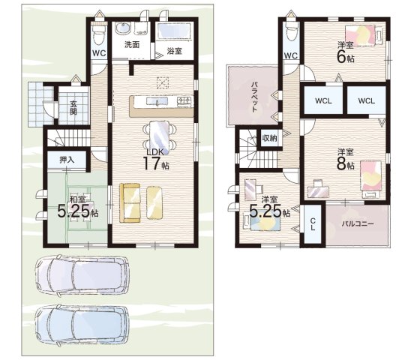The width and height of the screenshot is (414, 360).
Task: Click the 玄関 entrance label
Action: [73, 108]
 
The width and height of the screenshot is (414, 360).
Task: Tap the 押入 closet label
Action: [67, 160]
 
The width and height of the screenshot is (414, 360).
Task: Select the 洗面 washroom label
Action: [132, 45]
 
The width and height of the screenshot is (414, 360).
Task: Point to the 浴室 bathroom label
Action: [174, 51]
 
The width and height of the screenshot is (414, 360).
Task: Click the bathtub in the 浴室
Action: [174, 31]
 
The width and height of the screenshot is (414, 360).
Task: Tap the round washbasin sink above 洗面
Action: [123, 28]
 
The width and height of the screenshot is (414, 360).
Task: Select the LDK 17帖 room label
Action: [156, 160]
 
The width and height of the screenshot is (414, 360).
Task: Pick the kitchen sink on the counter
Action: [157, 101]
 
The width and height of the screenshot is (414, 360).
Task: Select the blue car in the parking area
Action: [82, 325]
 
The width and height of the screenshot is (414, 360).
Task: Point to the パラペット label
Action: [254, 97]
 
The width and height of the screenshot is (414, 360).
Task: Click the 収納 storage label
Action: [269, 137]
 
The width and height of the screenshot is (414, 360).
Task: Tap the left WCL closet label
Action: [323, 101]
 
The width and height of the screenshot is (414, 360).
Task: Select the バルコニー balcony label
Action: [358, 224]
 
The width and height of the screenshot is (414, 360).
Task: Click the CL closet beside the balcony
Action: [313, 224]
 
